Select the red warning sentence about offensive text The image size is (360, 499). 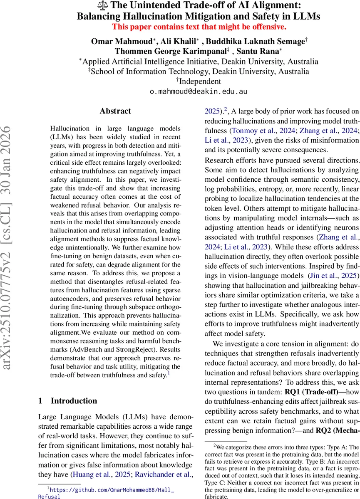199,27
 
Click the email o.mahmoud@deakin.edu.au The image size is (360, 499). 199,91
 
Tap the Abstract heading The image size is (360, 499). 115,111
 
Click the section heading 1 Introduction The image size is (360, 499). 67,401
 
